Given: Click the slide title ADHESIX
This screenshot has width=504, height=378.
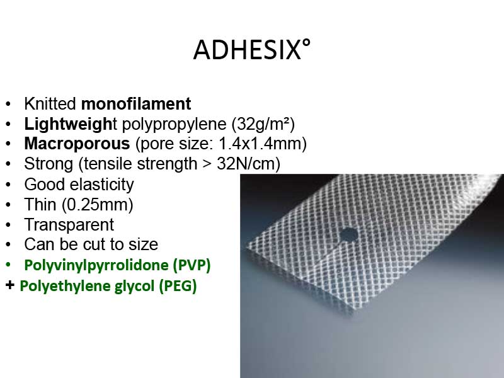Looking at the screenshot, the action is click(251, 50).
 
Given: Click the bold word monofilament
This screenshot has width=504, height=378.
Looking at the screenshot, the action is click(136, 104).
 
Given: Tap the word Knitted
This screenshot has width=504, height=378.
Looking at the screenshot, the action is click(50, 104).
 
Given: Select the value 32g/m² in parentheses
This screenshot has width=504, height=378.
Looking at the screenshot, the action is click(263, 123).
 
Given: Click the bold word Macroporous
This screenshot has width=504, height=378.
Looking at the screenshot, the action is click(77, 144).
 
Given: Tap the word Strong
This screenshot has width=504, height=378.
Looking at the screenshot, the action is click(49, 164).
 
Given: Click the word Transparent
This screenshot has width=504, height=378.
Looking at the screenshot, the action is click(69, 225).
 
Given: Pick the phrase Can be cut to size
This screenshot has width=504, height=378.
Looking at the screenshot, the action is click(91, 244).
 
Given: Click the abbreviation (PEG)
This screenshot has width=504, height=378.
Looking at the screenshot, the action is click(178, 286).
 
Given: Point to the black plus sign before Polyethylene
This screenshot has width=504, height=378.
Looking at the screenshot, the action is click(10, 285).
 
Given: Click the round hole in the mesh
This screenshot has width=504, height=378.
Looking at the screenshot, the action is click(348, 235).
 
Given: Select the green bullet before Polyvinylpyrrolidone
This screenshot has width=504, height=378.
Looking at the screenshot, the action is click(8, 265).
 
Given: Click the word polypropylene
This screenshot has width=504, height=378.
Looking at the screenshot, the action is click(175, 124).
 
